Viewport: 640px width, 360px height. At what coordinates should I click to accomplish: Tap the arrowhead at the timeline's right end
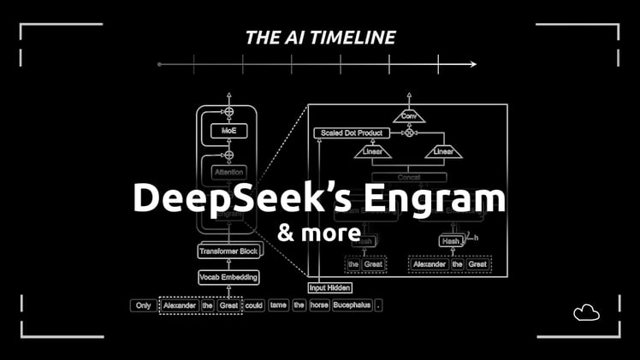click(x=472, y=64)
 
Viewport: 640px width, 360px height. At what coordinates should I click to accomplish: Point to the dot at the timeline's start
click(x=160, y=64)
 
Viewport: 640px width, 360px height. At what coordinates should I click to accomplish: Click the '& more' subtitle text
click(x=318, y=231)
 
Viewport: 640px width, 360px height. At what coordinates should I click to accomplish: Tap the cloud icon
click(x=586, y=313)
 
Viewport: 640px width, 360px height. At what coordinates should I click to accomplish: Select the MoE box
click(x=228, y=132)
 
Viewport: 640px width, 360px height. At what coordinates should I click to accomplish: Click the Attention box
click(x=228, y=172)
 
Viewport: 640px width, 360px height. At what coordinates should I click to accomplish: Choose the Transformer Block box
click(x=228, y=251)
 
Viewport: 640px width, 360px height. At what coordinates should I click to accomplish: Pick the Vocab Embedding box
click(x=228, y=277)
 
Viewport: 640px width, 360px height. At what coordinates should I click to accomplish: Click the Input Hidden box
click(x=330, y=288)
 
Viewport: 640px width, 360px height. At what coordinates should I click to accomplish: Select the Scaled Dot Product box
click(x=352, y=133)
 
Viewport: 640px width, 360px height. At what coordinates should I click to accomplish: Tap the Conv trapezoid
click(x=408, y=115)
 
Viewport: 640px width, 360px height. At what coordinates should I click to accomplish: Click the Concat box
click(x=408, y=177)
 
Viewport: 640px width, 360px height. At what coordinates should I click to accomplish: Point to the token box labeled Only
click(x=143, y=305)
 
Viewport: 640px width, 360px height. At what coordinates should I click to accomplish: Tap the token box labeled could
click(x=253, y=305)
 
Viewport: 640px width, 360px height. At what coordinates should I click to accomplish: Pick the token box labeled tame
click(x=278, y=305)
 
